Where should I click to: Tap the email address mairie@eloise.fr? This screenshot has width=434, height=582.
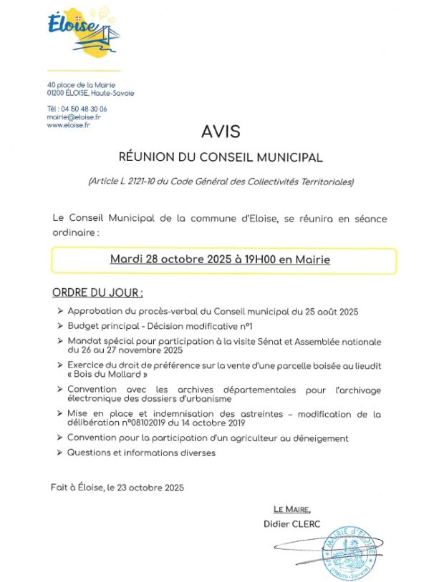point(74,117)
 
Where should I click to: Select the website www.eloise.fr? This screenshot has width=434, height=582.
point(68,124)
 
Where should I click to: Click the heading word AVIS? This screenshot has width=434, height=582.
point(221,132)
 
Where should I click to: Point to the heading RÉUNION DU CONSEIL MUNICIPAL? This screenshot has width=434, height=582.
point(221,157)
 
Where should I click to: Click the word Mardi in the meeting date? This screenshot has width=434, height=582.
point(126,260)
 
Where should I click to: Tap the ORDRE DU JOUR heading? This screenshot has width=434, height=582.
point(97,293)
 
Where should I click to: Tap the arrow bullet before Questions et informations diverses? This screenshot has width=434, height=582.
point(59,453)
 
